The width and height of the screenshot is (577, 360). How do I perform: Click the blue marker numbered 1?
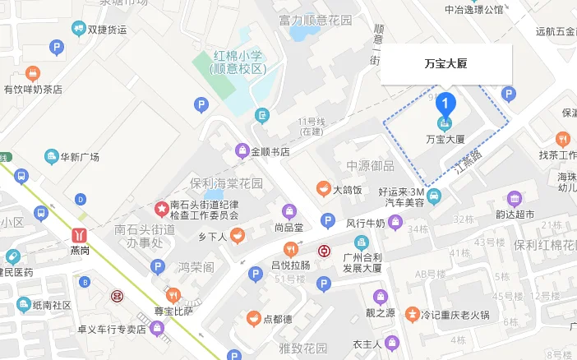click(445, 104)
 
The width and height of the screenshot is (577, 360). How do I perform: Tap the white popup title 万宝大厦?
click(445, 63)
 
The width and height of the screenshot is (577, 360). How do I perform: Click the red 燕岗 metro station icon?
click(81, 233)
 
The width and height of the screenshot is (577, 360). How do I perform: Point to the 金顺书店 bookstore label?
click(270, 151)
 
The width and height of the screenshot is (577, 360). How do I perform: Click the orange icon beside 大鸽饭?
click(323, 189)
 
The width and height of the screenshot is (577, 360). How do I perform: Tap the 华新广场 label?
click(80, 157)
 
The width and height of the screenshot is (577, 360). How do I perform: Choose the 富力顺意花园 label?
click(316, 20)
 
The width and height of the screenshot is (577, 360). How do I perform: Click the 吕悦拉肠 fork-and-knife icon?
click(289, 249)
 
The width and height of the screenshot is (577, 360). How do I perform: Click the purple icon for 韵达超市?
click(515, 198)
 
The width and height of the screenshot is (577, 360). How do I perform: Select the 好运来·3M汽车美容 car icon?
click(435, 196)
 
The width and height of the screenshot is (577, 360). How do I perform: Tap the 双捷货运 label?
click(107, 30)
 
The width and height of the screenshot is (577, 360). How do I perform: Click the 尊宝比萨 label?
click(173, 312)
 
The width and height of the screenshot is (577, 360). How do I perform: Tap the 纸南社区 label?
click(53, 305)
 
